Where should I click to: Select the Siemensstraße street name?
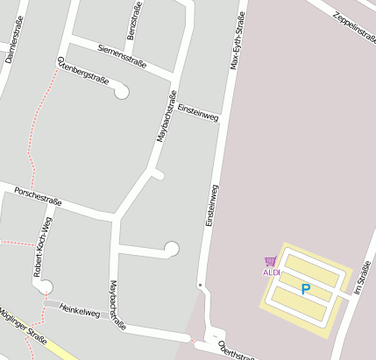[123, 57]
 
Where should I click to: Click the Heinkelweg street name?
[80, 310]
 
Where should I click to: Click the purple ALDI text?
[271, 272]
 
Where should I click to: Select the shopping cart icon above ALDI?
[270, 261]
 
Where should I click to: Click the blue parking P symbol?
[305, 288]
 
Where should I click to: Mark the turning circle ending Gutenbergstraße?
[121, 90]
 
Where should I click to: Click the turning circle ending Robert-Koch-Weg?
[46, 286]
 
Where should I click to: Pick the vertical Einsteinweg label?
[211, 206]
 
